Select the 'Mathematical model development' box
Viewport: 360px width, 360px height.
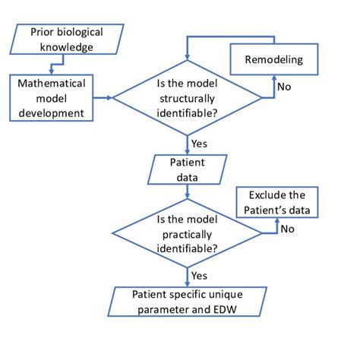point(52,96)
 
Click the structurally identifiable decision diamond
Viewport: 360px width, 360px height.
point(188,97)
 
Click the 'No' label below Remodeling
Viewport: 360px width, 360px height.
point(284,87)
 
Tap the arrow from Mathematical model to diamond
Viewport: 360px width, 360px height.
point(103,97)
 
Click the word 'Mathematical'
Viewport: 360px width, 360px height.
point(52,82)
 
